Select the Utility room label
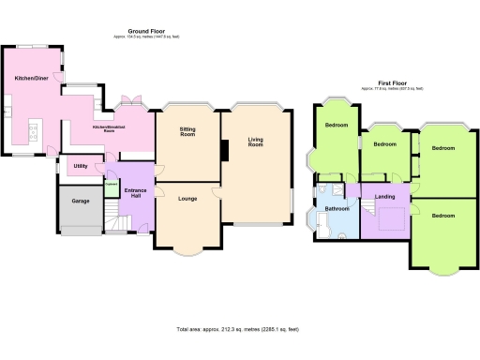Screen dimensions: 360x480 tap(80, 167)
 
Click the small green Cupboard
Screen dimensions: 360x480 tap(110, 185)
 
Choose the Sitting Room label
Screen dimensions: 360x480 tap(187, 133)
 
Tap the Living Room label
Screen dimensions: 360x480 tap(254, 142)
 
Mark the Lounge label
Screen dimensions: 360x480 tap(187, 200)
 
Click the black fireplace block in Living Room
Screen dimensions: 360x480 tap(224, 151)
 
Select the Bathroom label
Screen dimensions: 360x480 tap(337, 207)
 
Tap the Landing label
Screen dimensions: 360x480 tap(384, 196)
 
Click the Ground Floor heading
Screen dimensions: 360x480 tap(145, 30)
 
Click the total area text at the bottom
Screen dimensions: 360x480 tap(238, 330)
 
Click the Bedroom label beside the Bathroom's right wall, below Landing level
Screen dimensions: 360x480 tap(443, 216)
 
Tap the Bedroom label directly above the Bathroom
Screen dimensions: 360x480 tap(337, 125)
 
